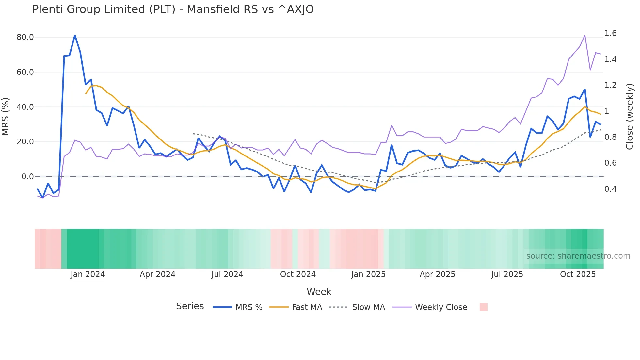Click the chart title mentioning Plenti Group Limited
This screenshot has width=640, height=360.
pos(173,9)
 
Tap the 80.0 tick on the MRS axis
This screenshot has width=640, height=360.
pos(25,37)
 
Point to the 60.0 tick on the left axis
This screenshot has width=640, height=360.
pos(25,72)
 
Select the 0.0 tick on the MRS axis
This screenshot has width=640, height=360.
pos(27,177)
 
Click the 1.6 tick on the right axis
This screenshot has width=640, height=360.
pos(610,33)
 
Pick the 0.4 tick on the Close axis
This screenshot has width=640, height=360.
pos(610,189)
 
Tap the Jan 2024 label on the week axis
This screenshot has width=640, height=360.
pos(88,274)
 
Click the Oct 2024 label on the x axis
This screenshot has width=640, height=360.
pos(298,274)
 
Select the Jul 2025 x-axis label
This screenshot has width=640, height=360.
pos(507,274)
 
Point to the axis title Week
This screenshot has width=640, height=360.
pos(319,292)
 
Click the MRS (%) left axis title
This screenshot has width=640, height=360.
pos(6,116)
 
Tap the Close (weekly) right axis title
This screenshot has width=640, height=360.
pos(630,116)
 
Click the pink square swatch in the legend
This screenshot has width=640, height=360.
pos(483,307)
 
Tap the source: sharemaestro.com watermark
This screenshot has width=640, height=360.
pos(578,256)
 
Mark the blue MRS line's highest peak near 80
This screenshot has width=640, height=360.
pos(75,35)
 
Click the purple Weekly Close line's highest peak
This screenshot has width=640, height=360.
pos(584,35)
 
